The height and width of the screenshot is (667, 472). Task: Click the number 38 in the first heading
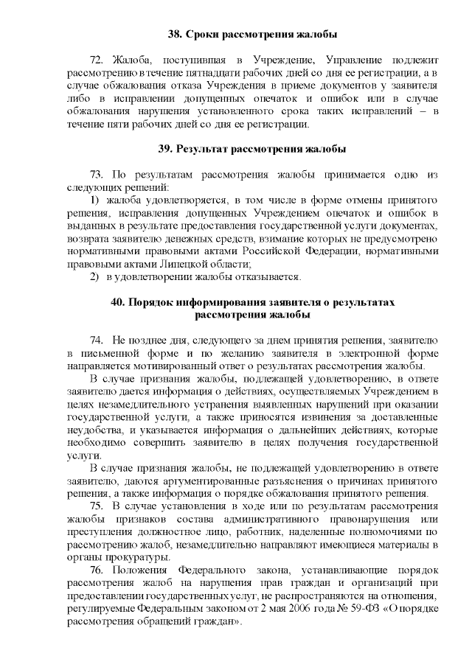point(175,34)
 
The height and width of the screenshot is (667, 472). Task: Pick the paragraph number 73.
point(97,175)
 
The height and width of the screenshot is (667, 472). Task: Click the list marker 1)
point(94,200)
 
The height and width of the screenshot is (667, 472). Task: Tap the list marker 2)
point(94,276)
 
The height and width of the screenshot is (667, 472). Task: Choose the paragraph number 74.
point(96,341)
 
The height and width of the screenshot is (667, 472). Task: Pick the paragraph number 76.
point(97,570)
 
